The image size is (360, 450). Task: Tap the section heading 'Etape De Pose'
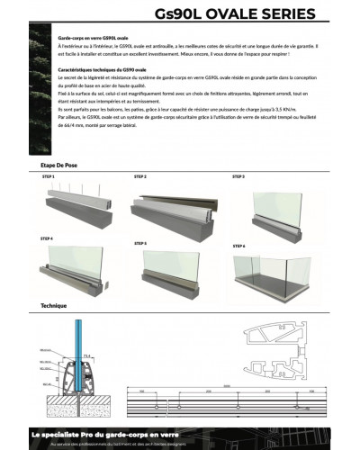click(x=60, y=166)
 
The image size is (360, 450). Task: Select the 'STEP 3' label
click(x=238, y=177)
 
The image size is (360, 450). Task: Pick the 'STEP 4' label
click(x=47, y=238)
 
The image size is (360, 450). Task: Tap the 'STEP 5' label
click(x=140, y=244)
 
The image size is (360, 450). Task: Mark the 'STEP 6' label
click(x=238, y=245)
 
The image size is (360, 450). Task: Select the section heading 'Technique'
click(x=53, y=306)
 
